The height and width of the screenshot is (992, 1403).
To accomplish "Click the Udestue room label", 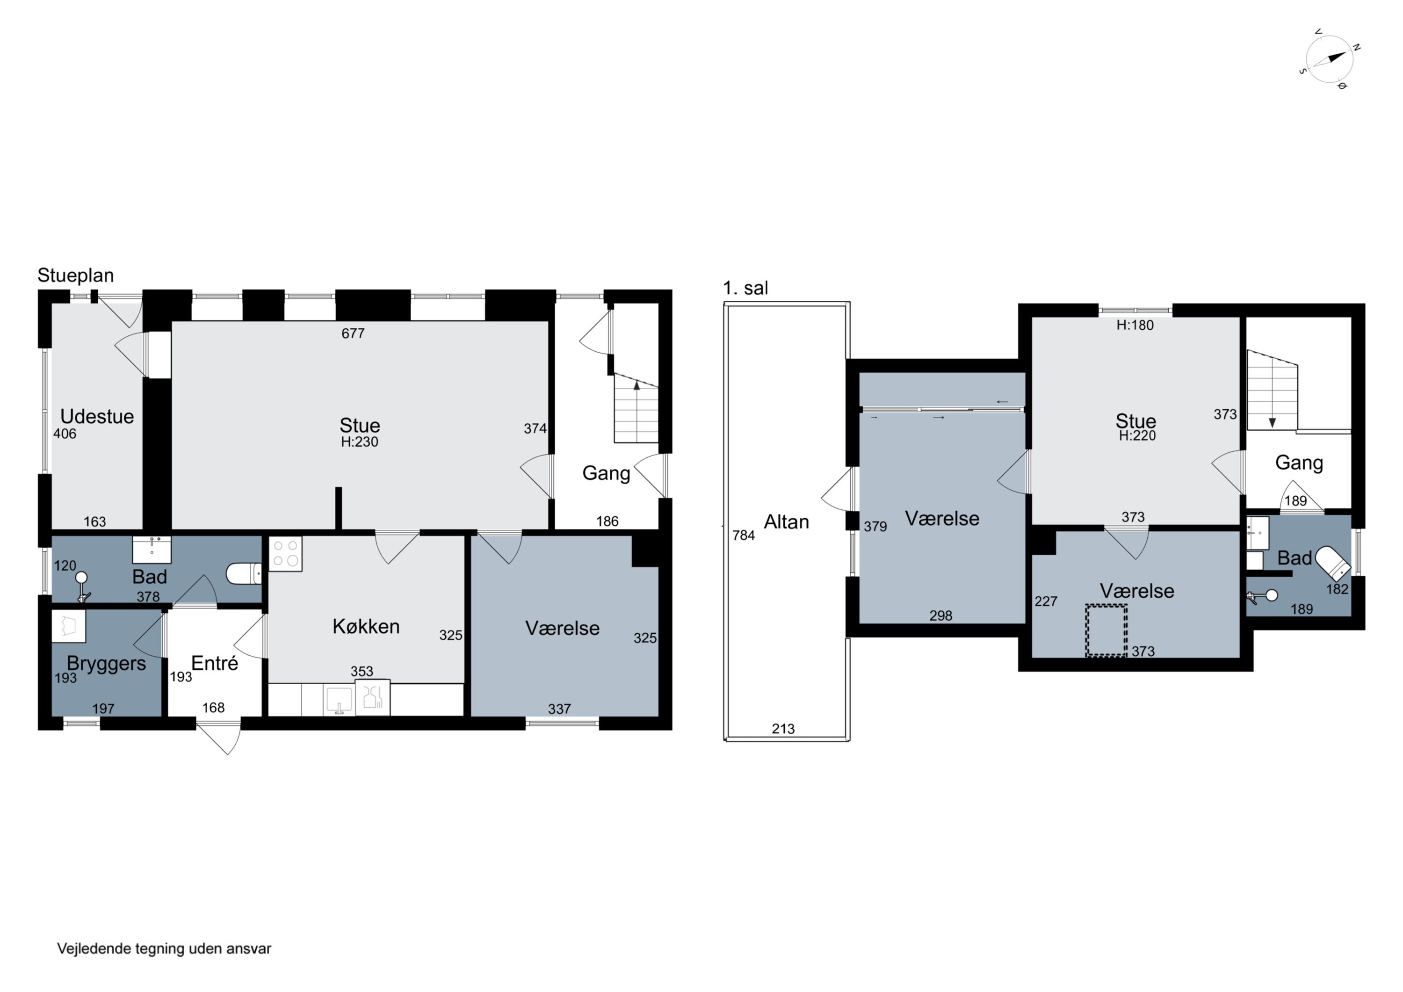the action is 97,416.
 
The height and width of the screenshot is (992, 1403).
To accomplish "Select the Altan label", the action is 787,521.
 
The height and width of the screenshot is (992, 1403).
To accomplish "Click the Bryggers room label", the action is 106,664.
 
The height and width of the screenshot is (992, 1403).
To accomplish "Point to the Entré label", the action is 215,663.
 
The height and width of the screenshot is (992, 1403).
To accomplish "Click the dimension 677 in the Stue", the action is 353,333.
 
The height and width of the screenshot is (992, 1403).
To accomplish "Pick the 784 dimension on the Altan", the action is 744,536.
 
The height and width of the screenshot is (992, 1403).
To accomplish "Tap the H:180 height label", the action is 1135,325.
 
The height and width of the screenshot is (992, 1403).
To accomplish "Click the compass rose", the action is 1329,60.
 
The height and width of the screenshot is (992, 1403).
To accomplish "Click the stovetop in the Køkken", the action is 285,554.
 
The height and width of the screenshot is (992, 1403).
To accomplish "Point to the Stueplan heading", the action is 76,275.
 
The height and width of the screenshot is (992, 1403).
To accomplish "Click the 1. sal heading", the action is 745,288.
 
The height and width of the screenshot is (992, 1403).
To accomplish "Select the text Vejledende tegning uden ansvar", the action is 164,949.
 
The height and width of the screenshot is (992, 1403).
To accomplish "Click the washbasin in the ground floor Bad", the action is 152,550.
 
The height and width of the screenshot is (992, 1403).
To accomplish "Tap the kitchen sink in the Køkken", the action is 339,700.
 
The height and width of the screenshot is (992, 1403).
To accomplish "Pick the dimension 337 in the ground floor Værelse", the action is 559,709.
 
